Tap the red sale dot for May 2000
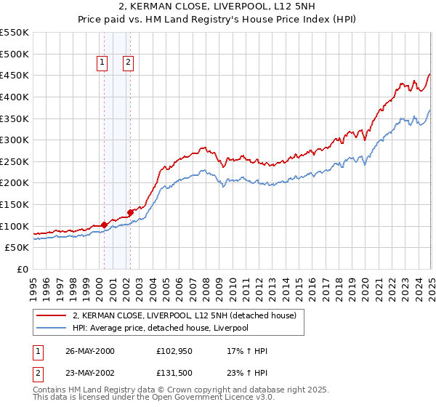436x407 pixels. pyautogui.click(x=104, y=225)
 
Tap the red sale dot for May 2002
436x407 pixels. pyautogui.click(x=130, y=212)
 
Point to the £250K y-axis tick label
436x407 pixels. pyautogui.click(x=15, y=161)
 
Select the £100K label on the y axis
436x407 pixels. pyautogui.click(x=15, y=226)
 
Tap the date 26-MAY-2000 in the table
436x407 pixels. pyautogui.click(x=90, y=351)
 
